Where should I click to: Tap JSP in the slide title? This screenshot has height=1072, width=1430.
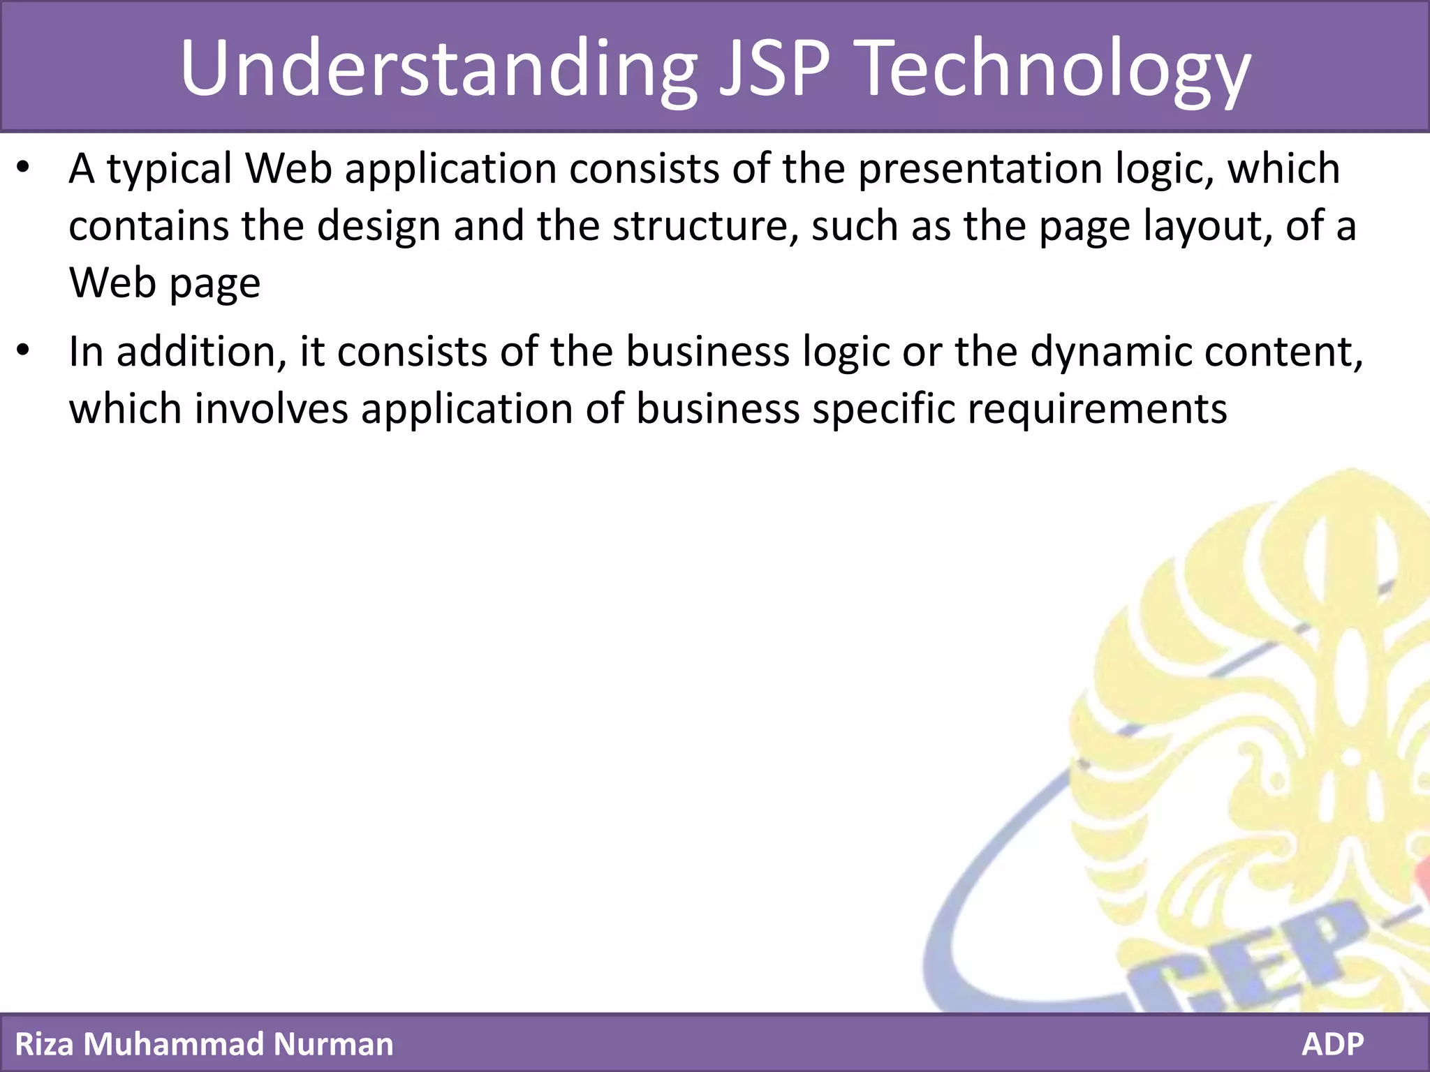(775, 68)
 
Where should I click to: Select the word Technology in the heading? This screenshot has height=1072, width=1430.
(1055, 68)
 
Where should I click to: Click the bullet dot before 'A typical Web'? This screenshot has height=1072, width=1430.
(24, 168)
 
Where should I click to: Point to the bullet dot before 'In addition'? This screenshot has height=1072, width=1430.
(24, 351)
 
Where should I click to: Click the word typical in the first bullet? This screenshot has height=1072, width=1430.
(170, 170)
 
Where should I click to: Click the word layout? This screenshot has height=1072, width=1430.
(1208, 227)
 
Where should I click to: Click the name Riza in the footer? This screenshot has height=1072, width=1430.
(42, 1044)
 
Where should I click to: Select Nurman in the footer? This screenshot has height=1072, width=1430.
(333, 1044)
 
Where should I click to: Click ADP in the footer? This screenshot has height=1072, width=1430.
(1332, 1044)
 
